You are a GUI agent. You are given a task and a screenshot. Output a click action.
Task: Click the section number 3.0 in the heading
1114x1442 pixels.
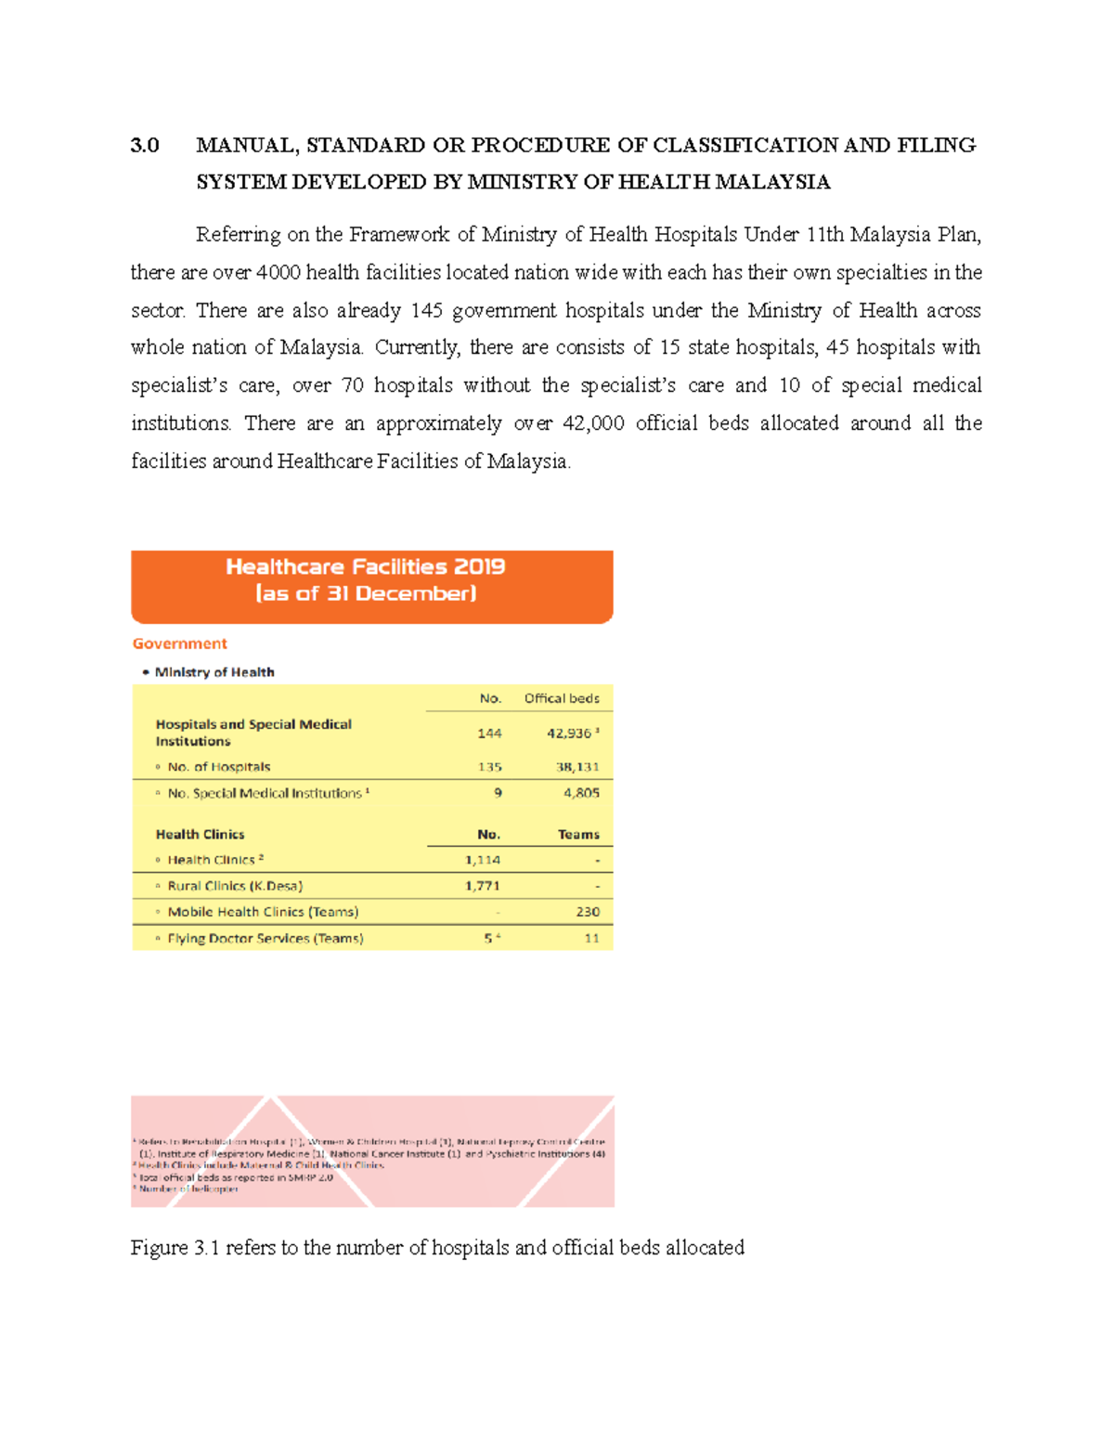[x=145, y=146]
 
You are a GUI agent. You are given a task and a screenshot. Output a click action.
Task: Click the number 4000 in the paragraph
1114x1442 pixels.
[x=278, y=273]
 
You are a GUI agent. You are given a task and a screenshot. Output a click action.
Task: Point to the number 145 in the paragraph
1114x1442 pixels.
[x=426, y=310]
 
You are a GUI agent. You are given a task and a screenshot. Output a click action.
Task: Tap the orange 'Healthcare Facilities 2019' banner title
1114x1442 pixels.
[x=365, y=567]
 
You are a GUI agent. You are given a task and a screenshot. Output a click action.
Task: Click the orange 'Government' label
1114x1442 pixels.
[x=179, y=643]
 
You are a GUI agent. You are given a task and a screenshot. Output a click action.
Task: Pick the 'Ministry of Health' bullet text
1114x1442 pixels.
[x=214, y=672]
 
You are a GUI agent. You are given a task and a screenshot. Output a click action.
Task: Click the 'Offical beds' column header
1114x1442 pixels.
[x=562, y=698]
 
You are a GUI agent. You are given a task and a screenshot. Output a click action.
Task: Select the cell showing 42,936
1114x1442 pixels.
[x=569, y=734]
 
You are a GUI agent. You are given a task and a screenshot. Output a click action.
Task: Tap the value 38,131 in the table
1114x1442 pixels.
[x=577, y=767]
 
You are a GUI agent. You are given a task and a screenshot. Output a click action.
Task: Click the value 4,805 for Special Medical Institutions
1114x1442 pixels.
[x=581, y=793]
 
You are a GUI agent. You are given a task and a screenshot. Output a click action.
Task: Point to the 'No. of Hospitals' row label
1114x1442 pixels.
[x=218, y=767]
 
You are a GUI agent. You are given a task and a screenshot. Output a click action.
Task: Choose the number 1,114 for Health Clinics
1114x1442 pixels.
[x=482, y=860]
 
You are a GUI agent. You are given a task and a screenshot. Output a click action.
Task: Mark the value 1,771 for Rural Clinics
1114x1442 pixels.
[x=482, y=886]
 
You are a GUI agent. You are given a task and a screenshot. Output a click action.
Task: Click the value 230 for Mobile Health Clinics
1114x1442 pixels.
[x=588, y=912]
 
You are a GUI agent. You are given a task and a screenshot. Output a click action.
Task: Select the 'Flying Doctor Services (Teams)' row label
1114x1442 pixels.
[x=265, y=939]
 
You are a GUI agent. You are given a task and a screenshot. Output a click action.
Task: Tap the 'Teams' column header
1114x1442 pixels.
[x=578, y=835]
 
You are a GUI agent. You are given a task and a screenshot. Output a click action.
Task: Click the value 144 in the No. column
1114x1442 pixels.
[x=489, y=734]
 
